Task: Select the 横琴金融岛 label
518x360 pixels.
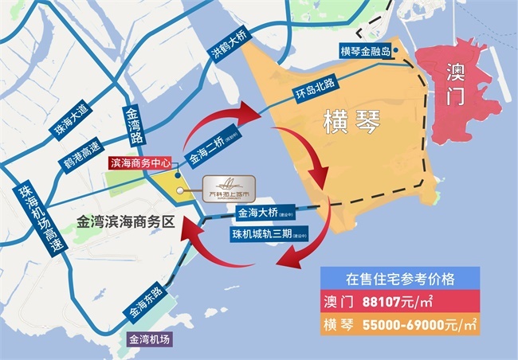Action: point(363,52)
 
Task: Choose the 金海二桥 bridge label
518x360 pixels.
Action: point(205,149)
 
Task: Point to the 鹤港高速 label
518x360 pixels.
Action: point(82,155)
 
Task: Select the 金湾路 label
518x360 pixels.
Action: point(133,127)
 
